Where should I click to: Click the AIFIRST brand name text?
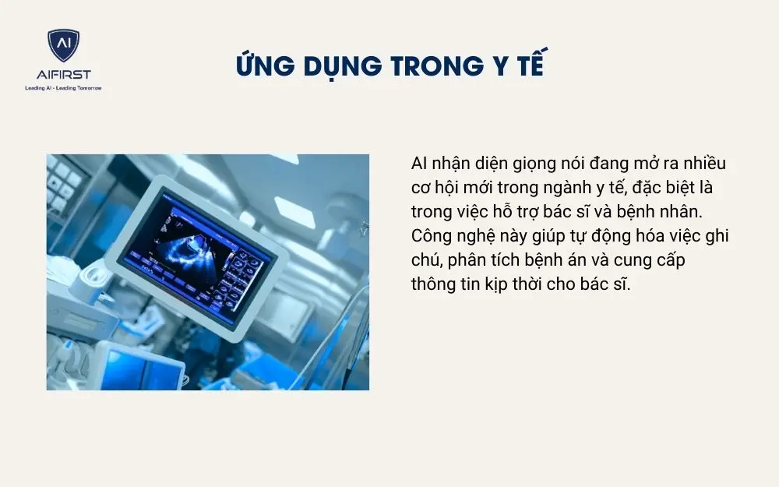(x=63, y=75)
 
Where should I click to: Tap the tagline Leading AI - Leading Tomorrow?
(x=63, y=88)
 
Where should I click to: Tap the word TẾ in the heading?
(x=529, y=66)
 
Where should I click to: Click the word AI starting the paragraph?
(x=419, y=164)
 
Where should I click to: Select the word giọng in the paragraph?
(x=533, y=165)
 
